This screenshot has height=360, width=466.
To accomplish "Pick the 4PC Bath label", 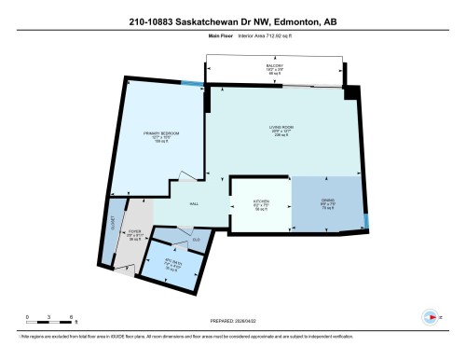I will (170, 263).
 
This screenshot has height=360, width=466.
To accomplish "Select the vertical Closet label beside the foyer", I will (114, 224).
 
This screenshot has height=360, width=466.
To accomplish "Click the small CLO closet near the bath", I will (196, 241).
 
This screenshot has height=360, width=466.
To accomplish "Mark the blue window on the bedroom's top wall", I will (192, 85).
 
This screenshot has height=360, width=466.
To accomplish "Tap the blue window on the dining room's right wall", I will (365, 220).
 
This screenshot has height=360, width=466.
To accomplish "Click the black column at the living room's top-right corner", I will (350, 91).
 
